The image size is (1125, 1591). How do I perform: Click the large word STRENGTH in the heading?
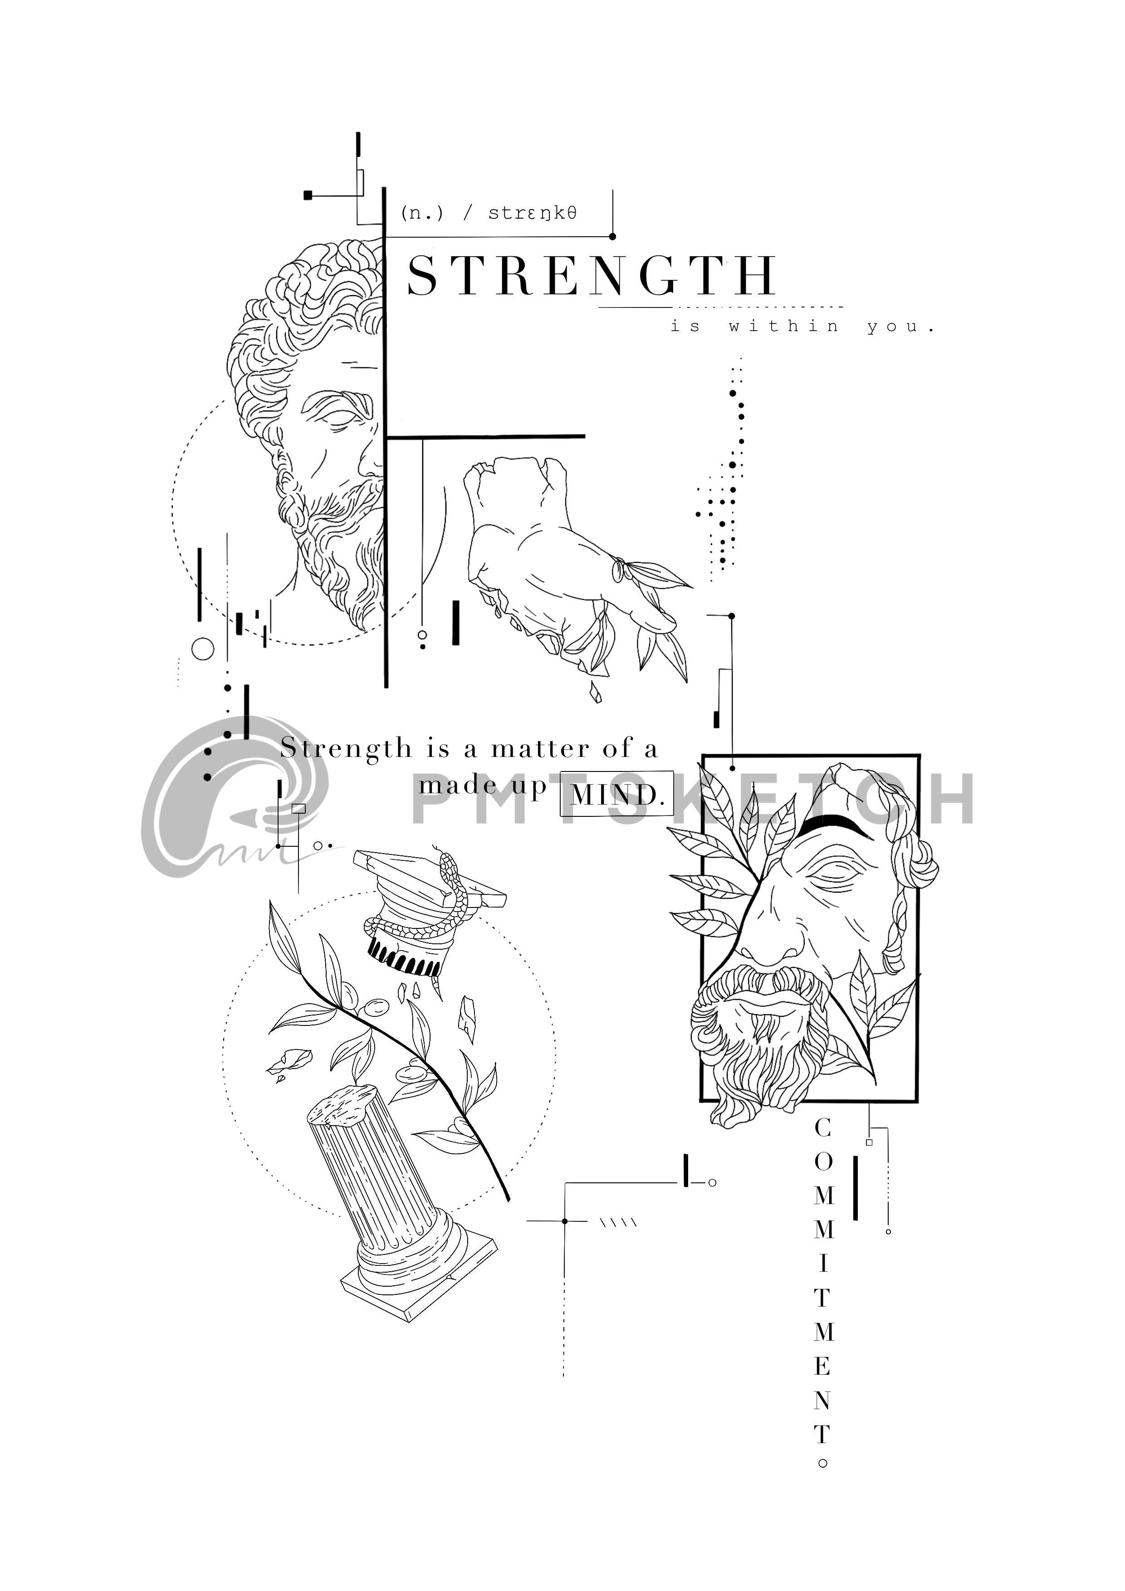tap(591, 276)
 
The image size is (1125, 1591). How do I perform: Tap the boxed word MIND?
tap(616, 794)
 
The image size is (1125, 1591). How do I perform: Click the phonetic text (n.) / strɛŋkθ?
tap(489, 213)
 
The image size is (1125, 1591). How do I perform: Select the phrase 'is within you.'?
tap(802, 327)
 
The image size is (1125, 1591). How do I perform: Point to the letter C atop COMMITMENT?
tap(823, 1128)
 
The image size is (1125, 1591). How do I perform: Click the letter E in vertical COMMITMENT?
tap(823, 1367)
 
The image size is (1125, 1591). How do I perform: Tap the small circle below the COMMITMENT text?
tap(823, 1464)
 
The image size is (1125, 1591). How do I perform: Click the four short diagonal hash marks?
tap(618, 1222)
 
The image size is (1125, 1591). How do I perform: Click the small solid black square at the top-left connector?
tap(308, 195)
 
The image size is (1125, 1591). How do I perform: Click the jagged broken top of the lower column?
tap(342, 1106)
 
